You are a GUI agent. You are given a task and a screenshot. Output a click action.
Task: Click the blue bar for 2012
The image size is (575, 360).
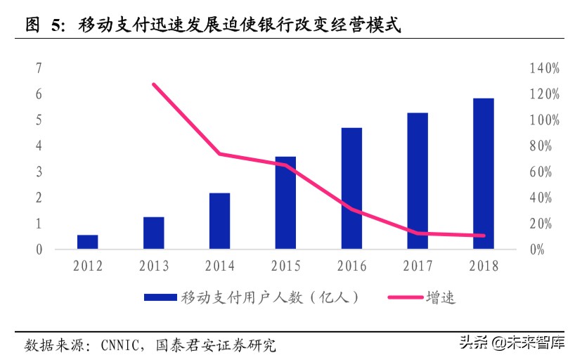pyautogui.click(x=87, y=242)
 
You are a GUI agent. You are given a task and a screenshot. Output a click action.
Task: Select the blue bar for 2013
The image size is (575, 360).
pyautogui.click(x=153, y=233)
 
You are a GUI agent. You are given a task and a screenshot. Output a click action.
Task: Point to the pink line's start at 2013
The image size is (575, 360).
pyautogui.click(x=154, y=84)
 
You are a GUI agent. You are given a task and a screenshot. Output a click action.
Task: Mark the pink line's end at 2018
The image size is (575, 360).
pyautogui.click(x=483, y=236)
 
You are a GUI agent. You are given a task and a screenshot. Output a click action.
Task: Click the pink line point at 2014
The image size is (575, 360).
pyautogui.click(x=219, y=154)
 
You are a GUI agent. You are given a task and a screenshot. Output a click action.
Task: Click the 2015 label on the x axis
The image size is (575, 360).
pyautogui.click(x=285, y=266)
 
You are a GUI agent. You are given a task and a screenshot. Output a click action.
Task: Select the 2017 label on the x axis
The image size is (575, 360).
pyautogui.click(x=417, y=266)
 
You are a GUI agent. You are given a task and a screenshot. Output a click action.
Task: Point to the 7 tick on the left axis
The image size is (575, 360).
pyautogui.click(x=39, y=68)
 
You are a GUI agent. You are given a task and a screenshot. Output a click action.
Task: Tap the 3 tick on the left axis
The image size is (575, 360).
pyautogui.click(x=39, y=172)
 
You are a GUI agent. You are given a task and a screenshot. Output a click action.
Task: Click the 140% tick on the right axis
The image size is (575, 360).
pyautogui.click(x=545, y=68)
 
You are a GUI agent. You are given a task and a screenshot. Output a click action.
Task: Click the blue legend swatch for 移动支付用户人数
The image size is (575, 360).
pyautogui.click(x=161, y=297)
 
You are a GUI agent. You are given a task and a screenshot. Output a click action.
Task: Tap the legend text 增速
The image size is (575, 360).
pyautogui.click(x=440, y=297)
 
